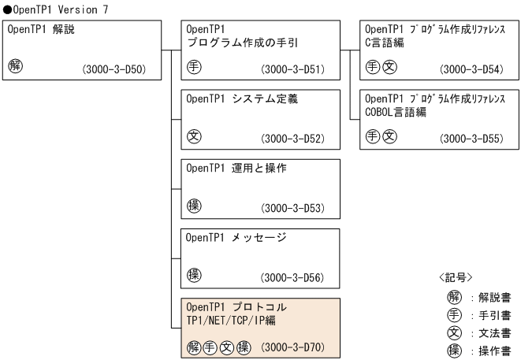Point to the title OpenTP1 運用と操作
point(236,168)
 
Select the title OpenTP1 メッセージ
point(236,237)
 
